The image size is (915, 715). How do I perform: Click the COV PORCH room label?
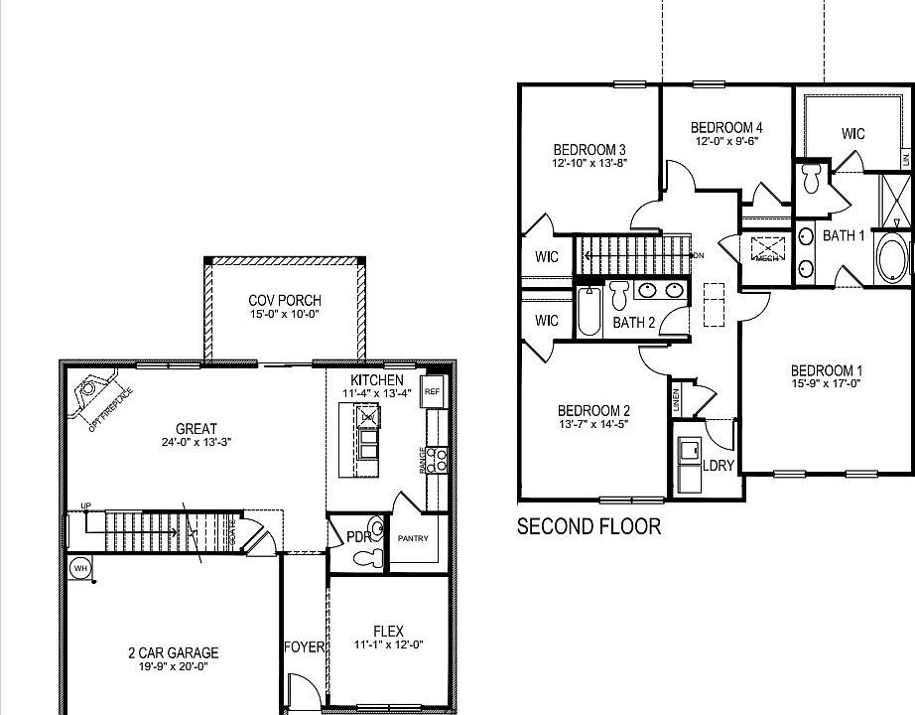point(284,301)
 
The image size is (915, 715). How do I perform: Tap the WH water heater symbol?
point(78,568)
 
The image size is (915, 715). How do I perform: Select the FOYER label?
point(304,647)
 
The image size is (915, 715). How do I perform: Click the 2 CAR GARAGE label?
point(173,652)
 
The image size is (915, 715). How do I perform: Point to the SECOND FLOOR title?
point(588,526)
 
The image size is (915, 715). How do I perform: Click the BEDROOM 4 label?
point(726,127)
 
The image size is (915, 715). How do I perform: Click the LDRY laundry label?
point(718,465)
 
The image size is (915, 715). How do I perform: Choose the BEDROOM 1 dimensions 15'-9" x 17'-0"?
point(825,383)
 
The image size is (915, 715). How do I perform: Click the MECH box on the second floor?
point(766,248)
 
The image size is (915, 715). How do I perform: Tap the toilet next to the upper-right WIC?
point(811,179)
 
